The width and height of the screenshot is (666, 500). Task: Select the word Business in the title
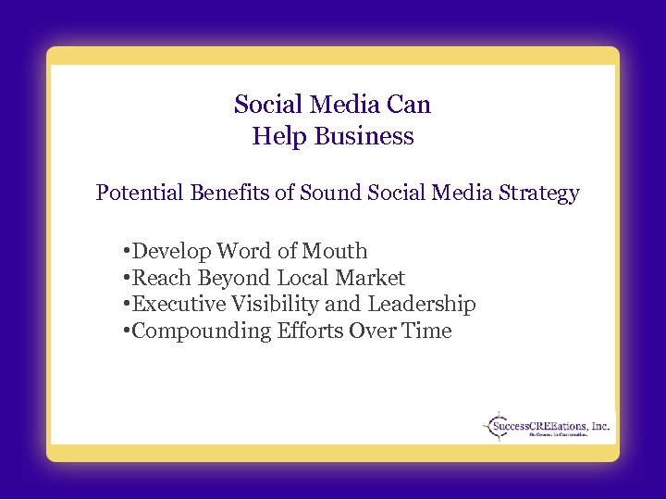(x=364, y=137)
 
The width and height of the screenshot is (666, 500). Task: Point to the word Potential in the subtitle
(x=140, y=194)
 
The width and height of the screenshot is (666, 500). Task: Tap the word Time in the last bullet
(x=426, y=331)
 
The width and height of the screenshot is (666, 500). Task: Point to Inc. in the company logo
(x=600, y=426)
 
